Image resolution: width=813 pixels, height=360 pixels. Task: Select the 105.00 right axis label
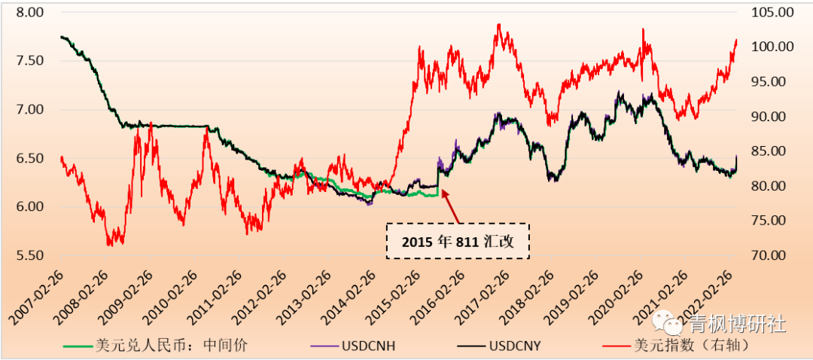click(768, 13)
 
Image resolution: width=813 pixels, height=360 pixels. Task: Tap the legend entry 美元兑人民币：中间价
click(172, 346)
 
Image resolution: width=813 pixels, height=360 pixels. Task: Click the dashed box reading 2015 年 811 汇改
click(458, 241)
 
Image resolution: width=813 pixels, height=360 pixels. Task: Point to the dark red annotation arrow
click(450, 206)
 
